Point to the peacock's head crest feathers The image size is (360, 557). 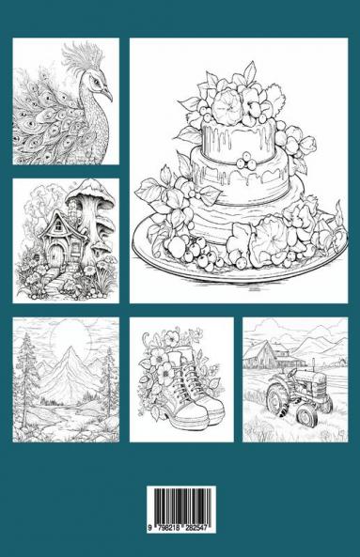point(83,56)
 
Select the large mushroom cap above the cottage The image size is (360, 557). point(90,194)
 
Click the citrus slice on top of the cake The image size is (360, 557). point(226,101)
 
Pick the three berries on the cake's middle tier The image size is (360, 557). point(246,162)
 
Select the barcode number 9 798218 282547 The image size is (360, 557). point(181,528)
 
